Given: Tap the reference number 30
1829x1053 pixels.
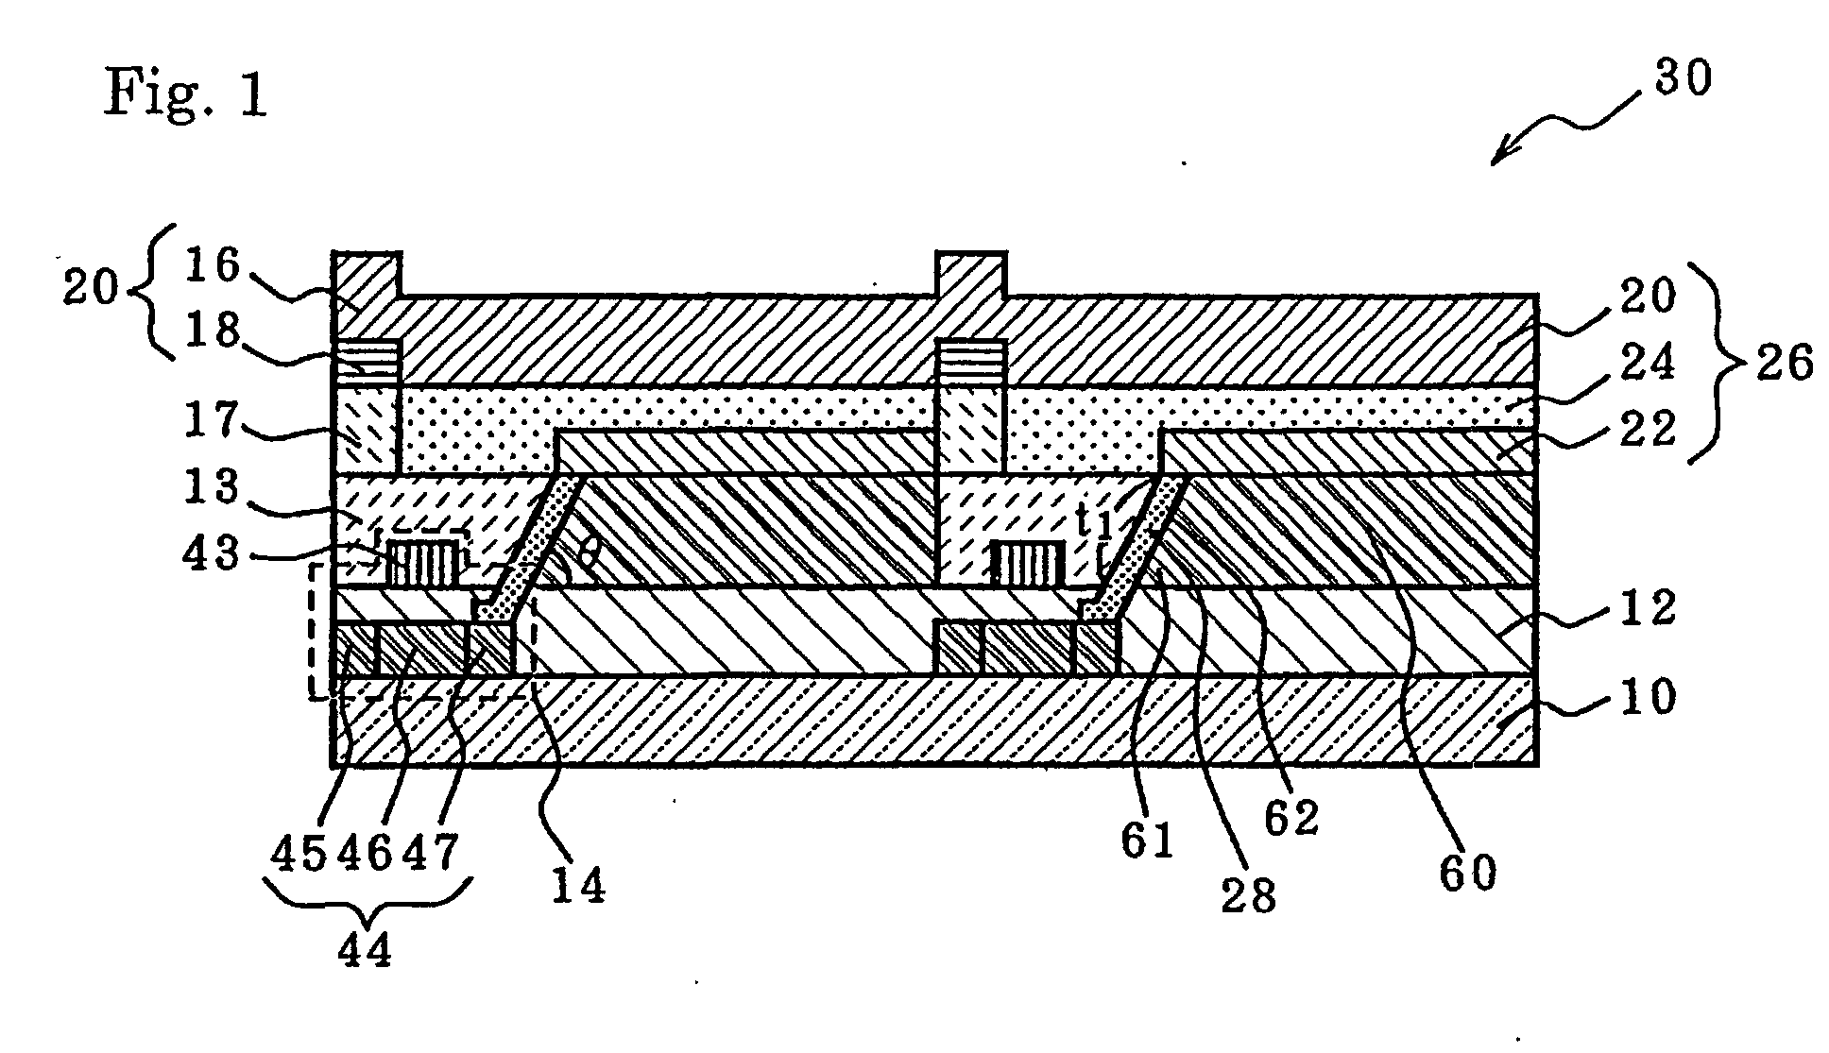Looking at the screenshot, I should point(1683,77).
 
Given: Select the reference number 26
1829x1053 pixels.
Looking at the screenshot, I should point(1784,363).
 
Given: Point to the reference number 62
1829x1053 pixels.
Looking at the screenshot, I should point(1291,818).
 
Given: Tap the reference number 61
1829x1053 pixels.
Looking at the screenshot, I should point(1148,840).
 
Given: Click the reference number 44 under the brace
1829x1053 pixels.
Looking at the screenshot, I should point(365,949).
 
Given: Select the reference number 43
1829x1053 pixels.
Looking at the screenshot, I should point(213,552).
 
